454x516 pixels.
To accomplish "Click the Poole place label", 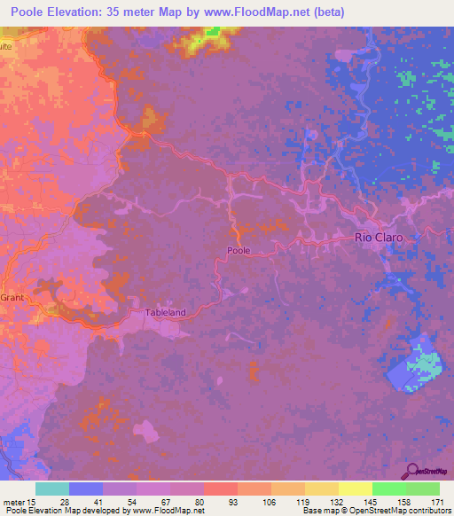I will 239,251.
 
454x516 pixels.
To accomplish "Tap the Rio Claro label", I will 379,238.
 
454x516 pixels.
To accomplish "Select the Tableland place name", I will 166,313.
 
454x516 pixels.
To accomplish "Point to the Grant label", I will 11,298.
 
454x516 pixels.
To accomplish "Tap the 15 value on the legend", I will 33,502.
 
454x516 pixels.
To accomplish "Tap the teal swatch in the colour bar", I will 52,489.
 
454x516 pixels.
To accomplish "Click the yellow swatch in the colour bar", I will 356,489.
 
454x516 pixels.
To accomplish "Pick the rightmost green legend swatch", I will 423,489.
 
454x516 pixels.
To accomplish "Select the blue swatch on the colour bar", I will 86,489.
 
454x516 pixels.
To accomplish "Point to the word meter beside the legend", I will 12,502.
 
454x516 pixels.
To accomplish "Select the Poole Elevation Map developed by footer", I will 102,512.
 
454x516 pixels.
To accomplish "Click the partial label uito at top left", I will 5,44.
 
